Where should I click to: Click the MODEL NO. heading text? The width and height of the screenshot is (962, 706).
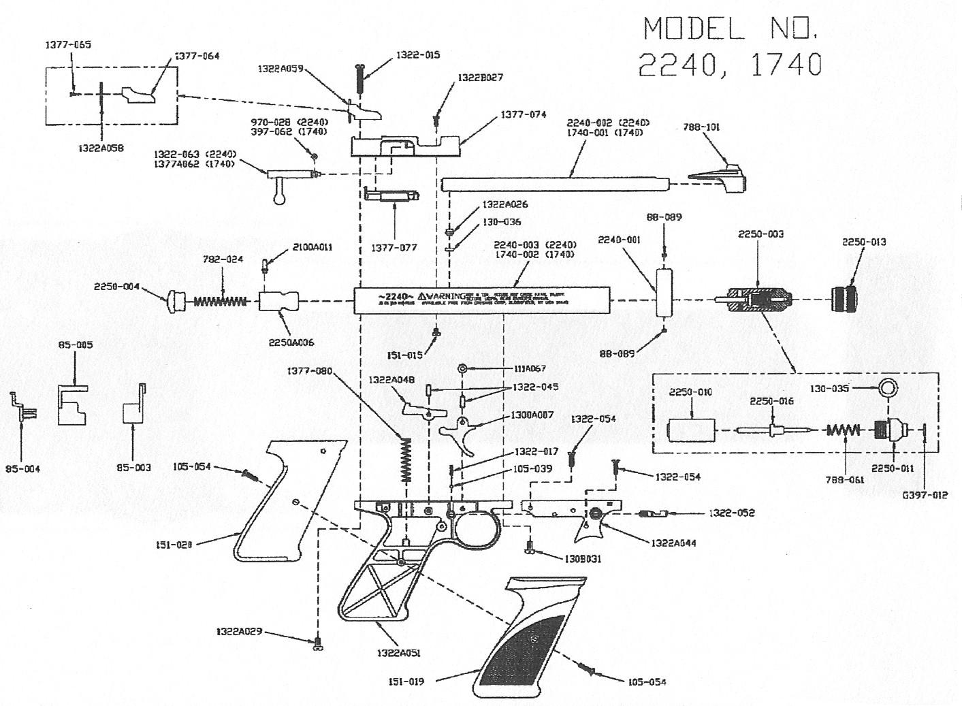(x=731, y=29)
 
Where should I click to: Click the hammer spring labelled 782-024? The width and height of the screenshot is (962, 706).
(x=222, y=300)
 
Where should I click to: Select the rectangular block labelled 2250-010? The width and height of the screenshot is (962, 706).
(x=692, y=430)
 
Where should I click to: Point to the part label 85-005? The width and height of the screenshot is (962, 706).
(x=76, y=345)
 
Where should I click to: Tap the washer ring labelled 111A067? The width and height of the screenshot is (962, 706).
(x=462, y=368)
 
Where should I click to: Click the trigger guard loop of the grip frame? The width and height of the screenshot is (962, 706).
(x=476, y=529)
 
